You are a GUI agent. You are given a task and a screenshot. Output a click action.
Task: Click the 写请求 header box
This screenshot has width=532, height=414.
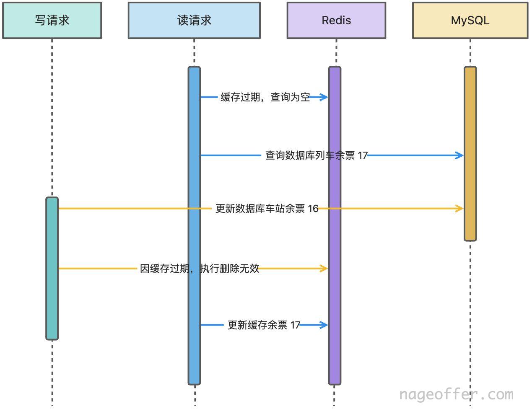[x=52, y=20]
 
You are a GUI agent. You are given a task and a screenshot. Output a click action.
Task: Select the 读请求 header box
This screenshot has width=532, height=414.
[x=194, y=20]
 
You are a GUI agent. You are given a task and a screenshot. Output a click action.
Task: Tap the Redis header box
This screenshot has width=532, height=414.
[x=336, y=20]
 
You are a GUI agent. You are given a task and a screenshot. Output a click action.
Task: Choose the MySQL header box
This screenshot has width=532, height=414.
[x=470, y=20]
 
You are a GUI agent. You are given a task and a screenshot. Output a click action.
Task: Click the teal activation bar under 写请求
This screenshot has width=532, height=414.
[x=52, y=269]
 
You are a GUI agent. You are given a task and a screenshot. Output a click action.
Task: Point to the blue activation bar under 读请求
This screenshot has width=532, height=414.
[x=194, y=225]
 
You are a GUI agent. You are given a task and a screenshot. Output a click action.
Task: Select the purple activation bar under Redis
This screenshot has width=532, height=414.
[x=335, y=225]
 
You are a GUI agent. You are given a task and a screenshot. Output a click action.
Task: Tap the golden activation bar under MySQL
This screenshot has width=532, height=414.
[x=470, y=154]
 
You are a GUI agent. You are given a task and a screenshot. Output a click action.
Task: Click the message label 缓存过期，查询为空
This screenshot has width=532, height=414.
[x=265, y=97]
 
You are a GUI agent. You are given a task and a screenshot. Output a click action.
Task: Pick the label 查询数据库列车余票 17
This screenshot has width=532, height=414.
[x=317, y=155]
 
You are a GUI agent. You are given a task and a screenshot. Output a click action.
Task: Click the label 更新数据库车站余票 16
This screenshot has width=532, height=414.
[x=267, y=209]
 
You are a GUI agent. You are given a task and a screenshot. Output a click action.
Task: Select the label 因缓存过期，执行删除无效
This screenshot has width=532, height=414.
[x=200, y=269]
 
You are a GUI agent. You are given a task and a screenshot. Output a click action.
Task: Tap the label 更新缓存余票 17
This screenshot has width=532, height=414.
[x=264, y=325]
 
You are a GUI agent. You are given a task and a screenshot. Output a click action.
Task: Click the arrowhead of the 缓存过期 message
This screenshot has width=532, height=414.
[x=324, y=97]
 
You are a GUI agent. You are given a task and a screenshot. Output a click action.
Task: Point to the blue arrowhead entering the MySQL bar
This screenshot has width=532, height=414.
[x=459, y=155]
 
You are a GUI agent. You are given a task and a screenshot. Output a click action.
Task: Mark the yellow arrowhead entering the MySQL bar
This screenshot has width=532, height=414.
[x=459, y=209]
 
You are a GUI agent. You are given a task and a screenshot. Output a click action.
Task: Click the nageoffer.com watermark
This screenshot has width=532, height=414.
[x=457, y=395]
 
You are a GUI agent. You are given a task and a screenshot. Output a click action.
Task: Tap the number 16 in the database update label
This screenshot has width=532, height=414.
[x=313, y=209]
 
